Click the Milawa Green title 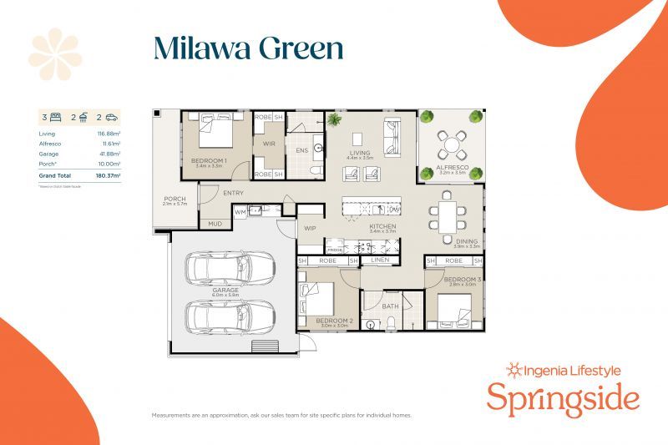click(248, 48)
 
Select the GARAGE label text click(225, 290)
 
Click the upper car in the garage click(230, 268)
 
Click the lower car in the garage click(230, 316)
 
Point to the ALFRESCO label click(451, 168)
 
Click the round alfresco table click(452, 145)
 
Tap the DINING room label click(466, 241)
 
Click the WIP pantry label click(310, 228)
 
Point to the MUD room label click(215, 224)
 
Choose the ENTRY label click(233, 194)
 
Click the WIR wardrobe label click(269, 144)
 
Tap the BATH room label click(391, 306)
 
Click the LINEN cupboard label click(381, 261)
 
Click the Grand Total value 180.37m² click(107, 176)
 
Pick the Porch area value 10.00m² click(109, 164)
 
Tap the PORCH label click(175, 199)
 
